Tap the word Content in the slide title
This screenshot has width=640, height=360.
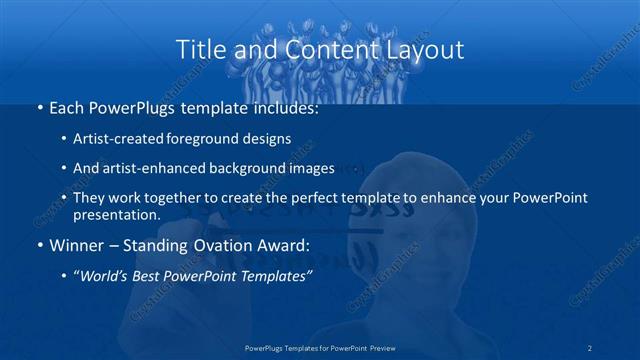point(320,48)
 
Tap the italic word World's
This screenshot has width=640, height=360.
point(105,277)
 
